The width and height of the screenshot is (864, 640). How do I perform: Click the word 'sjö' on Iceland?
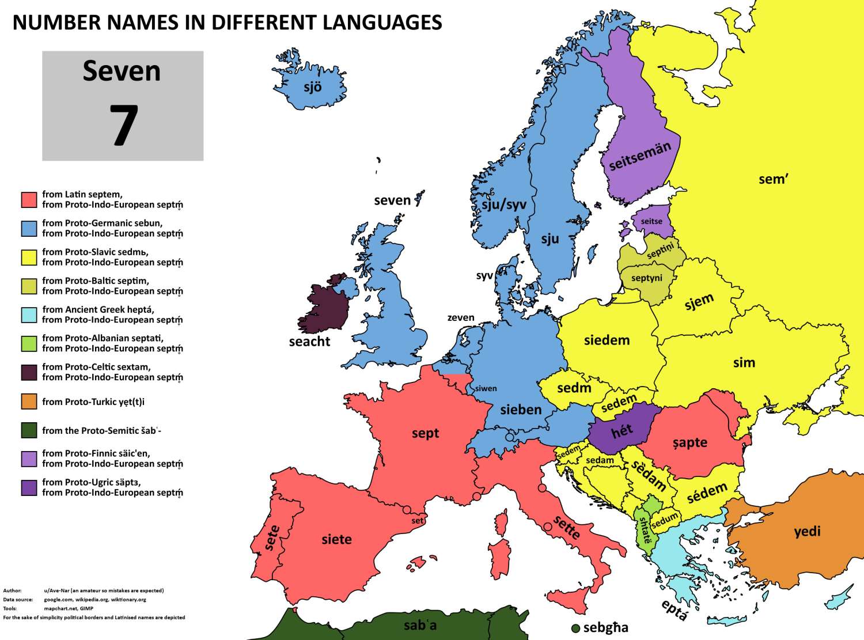(312, 87)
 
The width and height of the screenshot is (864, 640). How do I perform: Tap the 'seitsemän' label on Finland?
(640, 156)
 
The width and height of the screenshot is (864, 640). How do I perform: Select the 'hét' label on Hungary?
(622, 430)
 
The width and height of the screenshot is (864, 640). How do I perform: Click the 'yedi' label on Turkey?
(807, 531)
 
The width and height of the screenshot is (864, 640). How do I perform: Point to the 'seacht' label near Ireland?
(309, 342)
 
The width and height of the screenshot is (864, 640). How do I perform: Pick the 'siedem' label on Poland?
(607, 340)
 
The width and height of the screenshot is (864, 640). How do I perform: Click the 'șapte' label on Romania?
(689, 443)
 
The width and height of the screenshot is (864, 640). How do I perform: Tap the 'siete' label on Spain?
(336, 539)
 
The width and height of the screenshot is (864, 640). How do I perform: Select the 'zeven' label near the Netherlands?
(461, 317)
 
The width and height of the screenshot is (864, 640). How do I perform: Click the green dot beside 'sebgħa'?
(575, 628)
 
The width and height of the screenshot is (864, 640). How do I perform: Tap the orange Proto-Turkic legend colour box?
(29, 402)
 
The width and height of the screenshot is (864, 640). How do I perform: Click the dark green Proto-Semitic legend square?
(29, 430)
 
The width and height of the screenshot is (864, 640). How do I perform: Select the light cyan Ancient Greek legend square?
(29, 315)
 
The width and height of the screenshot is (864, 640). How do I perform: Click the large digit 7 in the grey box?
(123, 126)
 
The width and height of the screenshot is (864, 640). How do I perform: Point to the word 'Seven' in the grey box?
(122, 71)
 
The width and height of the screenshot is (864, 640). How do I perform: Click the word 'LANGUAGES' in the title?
(382, 22)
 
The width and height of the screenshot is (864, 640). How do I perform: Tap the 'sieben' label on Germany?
(521, 410)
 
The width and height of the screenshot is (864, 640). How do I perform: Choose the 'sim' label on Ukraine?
(744, 363)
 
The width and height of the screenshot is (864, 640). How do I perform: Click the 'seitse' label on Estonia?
(651, 221)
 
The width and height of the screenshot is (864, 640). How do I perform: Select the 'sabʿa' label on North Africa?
(420, 625)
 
